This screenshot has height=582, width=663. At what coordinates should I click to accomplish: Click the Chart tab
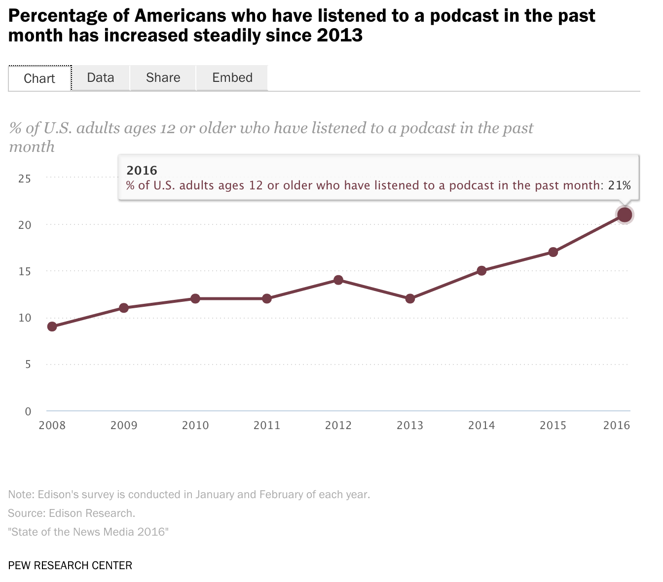click(x=39, y=78)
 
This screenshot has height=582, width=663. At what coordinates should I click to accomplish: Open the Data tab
click(x=101, y=78)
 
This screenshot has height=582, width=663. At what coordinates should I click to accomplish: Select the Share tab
click(x=163, y=78)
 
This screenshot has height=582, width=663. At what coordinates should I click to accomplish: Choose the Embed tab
click(x=232, y=78)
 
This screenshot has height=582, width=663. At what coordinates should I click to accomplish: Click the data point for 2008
click(x=52, y=327)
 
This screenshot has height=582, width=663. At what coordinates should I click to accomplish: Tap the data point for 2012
click(x=338, y=280)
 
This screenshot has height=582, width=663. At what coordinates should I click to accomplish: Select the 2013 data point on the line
click(x=410, y=299)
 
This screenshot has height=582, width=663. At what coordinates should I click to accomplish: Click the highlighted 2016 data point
click(x=625, y=215)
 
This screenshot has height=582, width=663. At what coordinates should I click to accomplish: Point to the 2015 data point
click(x=553, y=252)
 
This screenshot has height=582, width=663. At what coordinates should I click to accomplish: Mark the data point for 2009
click(x=124, y=308)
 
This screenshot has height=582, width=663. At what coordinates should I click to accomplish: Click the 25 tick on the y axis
click(x=25, y=179)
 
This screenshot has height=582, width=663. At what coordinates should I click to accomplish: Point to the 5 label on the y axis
click(x=28, y=364)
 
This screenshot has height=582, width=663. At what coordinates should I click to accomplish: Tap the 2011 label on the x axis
click(x=267, y=426)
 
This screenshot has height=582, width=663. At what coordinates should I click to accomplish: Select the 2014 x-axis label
click(x=481, y=426)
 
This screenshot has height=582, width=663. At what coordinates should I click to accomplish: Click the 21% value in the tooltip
click(x=619, y=186)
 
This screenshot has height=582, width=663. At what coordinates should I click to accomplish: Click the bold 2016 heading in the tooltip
click(x=142, y=171)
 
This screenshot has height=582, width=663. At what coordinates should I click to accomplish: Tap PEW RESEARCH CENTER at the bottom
click(x=70, y=565)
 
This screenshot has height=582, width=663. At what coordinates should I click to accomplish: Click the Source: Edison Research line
click(x=72, y=513)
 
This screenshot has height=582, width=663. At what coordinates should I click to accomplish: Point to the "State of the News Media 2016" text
click(x=88, y=532)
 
